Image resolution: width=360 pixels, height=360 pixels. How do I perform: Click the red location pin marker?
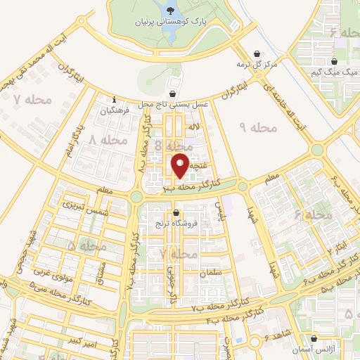pos(181,165)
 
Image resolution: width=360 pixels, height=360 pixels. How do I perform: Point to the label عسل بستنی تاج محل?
pos(174,104)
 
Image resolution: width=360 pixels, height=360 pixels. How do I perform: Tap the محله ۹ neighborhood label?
pos(259,127)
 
